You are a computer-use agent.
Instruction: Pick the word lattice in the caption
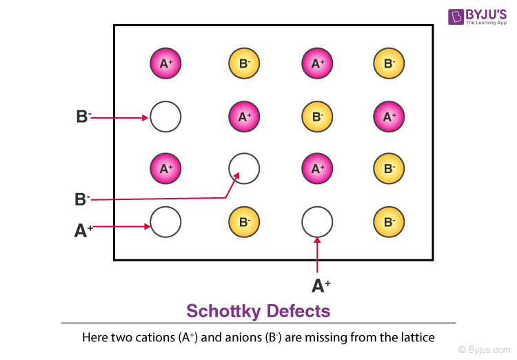(x=415, y=338)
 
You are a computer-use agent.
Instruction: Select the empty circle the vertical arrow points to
(x=317, y=221)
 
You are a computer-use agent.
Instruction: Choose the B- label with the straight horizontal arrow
(x=83, y=117)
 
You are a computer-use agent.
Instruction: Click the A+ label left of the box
(x=84, y=230)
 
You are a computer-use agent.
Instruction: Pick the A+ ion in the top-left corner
(x=165, y=64)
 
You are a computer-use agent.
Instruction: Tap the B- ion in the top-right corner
(x=389, y=64)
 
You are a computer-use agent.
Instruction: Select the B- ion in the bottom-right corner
(x=389, y=222)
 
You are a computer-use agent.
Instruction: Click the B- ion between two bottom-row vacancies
(x=243, y=222)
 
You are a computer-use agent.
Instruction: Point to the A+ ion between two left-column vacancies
(x=165, y=168)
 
